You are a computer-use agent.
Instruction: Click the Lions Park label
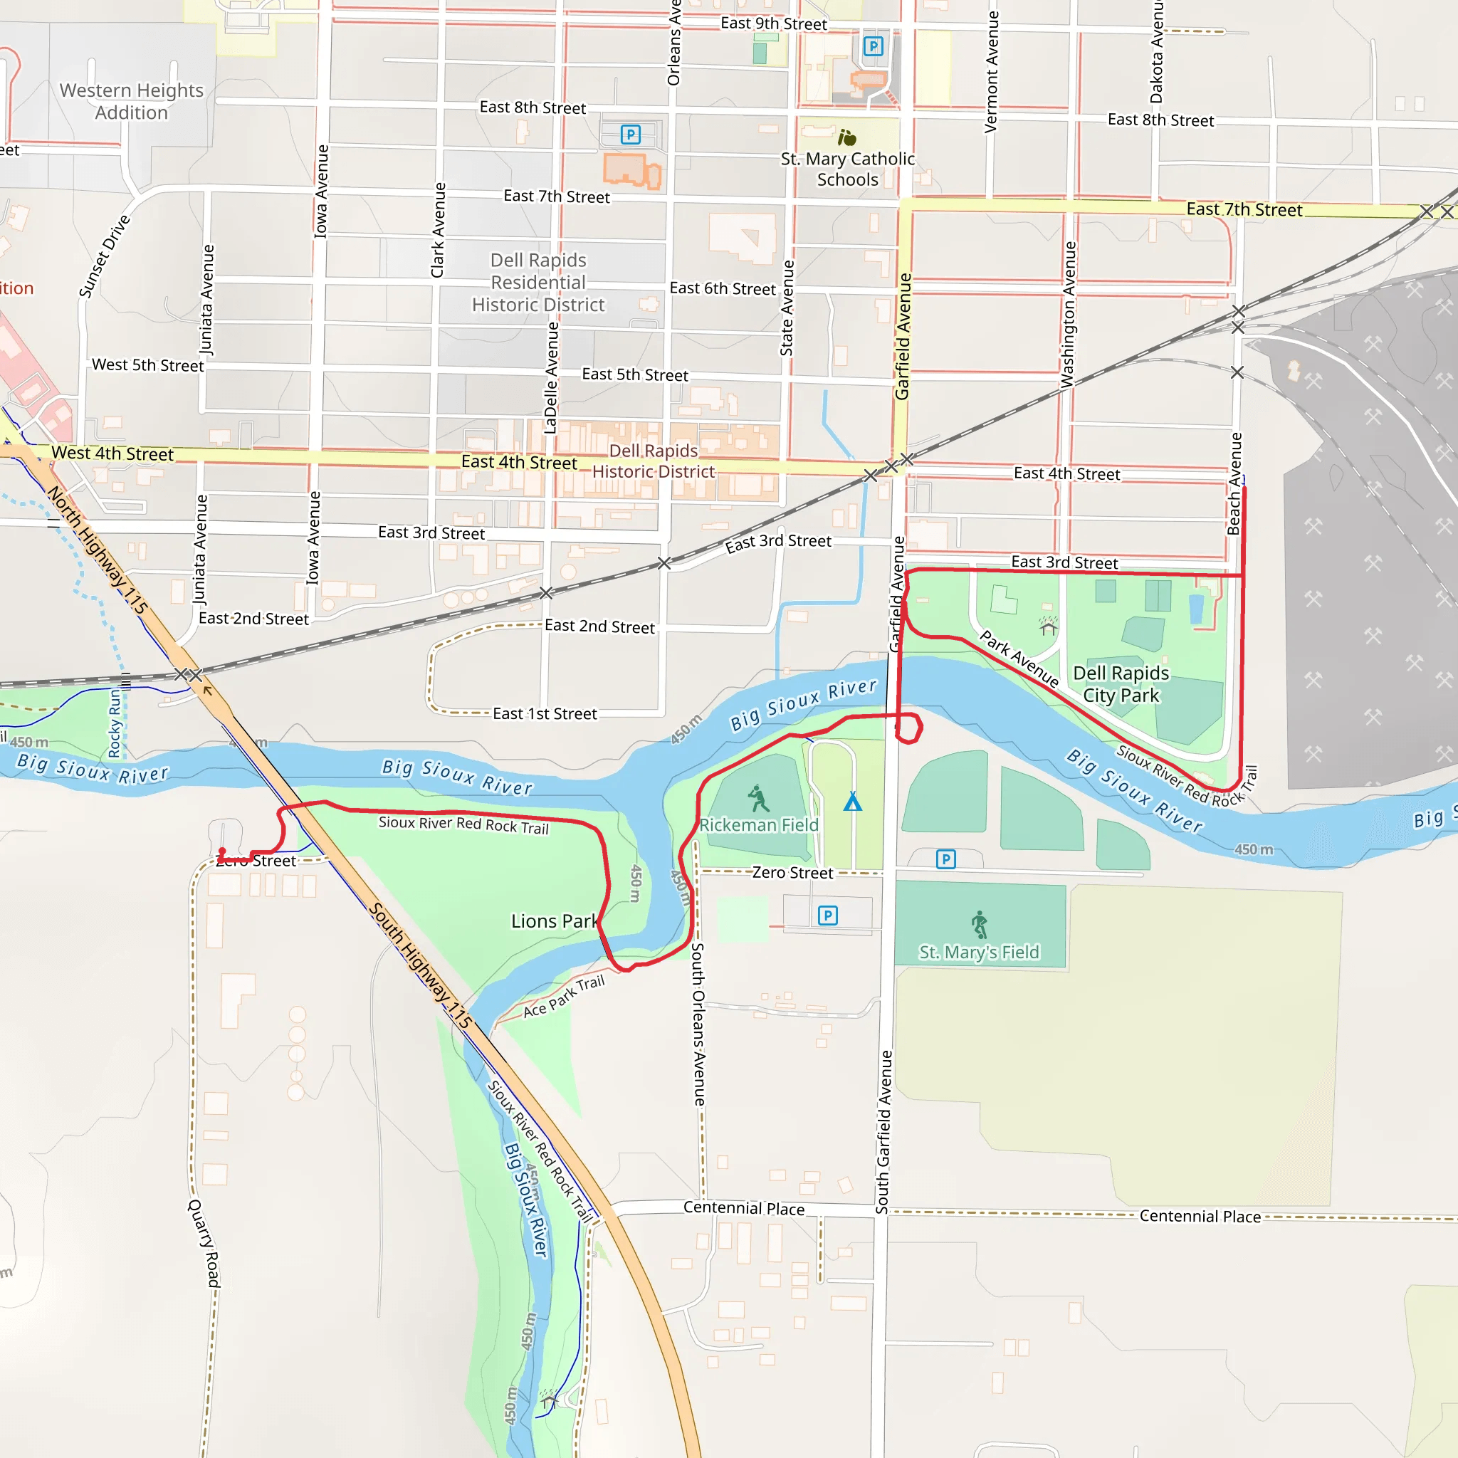(x=554, y=921)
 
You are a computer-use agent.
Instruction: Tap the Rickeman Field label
(x=758, y=825)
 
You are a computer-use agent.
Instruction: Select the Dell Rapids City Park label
(x=1121, y=683)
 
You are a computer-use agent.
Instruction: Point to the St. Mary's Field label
(x=979, y=953)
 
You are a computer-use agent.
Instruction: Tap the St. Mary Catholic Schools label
(x=847, y=169)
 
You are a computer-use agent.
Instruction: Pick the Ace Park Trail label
(x=564, y=996)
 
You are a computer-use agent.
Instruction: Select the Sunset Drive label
(x=105, y=256)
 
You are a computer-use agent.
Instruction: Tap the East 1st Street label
(x=544, y=714)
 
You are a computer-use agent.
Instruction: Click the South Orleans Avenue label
(x=698, y=1024)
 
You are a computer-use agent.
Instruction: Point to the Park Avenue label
(x=1019, y=659)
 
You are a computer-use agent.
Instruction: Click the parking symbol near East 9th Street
(x=873, y=47)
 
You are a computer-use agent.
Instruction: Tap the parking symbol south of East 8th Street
(x=630, y=135)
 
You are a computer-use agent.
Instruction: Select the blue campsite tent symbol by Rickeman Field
(x=852, y=802)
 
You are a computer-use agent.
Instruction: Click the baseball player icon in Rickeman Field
(x=757, y=797)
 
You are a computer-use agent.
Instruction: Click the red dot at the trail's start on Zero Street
(x=222, y=852)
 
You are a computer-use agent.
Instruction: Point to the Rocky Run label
(x=115, y=723)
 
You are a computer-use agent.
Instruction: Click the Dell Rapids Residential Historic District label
(x=538, y=282)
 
